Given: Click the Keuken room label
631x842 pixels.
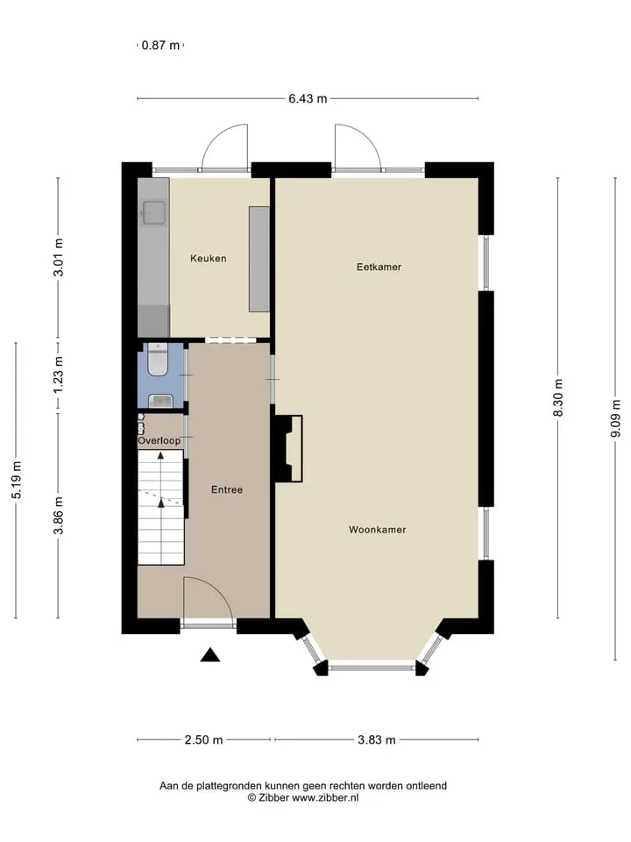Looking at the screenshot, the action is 209,258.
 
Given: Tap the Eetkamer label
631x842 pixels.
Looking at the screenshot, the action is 379,267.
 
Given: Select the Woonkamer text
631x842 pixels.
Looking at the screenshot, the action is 377,530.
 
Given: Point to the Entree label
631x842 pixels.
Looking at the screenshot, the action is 227,489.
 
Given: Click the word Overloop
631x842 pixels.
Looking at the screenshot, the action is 160,441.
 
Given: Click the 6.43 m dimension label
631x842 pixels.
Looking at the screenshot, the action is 308,99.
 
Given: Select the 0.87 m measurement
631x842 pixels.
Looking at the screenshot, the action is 160,45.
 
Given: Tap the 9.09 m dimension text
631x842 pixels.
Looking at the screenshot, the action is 615,418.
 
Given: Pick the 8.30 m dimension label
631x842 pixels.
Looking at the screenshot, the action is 558,398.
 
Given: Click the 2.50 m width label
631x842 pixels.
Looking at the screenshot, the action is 203,740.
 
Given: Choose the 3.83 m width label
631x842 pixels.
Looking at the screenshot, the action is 377,740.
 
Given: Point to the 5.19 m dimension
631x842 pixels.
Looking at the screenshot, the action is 16,480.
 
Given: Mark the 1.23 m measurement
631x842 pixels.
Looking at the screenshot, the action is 59,375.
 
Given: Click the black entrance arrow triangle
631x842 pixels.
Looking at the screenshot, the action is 210,654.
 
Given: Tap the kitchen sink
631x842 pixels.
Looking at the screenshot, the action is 154,212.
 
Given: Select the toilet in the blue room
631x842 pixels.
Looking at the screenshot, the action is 159,360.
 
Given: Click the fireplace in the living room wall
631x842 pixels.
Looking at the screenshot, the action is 289,448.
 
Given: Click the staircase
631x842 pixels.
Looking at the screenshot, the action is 161,508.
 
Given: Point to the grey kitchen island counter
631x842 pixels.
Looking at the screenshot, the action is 259,259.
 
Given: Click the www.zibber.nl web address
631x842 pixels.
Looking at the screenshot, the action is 325,798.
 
